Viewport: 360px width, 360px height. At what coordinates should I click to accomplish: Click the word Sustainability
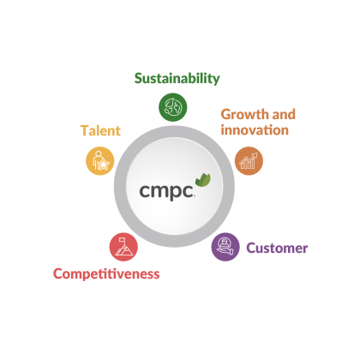pos(177,79)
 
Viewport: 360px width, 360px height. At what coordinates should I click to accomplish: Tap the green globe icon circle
pos(173,107)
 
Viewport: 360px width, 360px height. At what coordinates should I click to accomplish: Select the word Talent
pos(100,130)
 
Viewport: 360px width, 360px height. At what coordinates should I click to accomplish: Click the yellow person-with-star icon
pos(100,161)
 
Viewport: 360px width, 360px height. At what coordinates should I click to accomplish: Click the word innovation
pos(255,130)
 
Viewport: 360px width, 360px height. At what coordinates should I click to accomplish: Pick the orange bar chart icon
pos(249,161)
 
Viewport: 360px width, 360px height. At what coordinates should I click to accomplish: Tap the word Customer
pos(277,248)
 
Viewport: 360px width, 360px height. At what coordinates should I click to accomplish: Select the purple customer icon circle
pos(225,247)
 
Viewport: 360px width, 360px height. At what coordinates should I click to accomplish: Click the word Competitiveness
pos(106,274)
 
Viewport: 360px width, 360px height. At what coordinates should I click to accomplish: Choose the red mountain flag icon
pos(123,247)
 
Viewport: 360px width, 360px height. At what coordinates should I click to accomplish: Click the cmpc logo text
pos(167,191)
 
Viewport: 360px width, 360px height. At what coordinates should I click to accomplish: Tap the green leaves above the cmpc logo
pos(203,180)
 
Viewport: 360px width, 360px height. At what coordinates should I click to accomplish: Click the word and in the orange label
pos(284,115)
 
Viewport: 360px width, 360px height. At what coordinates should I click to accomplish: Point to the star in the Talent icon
pos(103,165)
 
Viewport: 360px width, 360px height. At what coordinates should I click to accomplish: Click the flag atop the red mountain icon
pos(123,238)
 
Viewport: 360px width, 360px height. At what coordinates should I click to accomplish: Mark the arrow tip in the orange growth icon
pos(256,153)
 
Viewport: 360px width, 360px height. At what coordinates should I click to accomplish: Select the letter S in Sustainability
pos(139,79)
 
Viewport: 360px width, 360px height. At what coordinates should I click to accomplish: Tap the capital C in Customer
pos(251,248)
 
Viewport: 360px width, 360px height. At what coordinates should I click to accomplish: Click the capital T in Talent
pos(85,131)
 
